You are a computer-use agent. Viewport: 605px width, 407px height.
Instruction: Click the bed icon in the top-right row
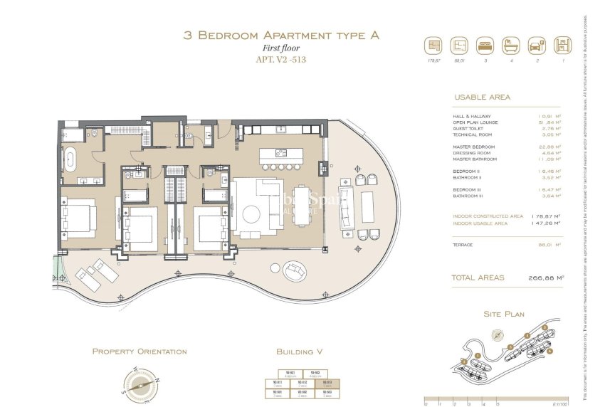(x=484, y=46)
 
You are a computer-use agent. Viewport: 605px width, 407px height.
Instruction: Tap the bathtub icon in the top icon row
(x=511, y=46)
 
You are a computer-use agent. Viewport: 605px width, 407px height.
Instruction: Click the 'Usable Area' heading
(x=482, y=97)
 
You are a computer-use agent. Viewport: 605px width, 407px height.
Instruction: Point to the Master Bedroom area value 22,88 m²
(x=549, y=147)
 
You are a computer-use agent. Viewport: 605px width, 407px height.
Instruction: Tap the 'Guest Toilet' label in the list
(x=470, y=128)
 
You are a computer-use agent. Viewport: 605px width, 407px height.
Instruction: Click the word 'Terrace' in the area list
(x=463, y=245)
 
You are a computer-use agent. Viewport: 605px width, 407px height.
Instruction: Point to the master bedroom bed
(x=79, y=218)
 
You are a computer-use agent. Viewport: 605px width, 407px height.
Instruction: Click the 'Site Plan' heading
(x=504, y=313)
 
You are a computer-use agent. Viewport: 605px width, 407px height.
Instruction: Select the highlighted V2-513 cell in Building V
(x=327, y=383)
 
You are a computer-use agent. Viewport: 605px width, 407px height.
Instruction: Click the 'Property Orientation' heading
(x=140, y=351)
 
